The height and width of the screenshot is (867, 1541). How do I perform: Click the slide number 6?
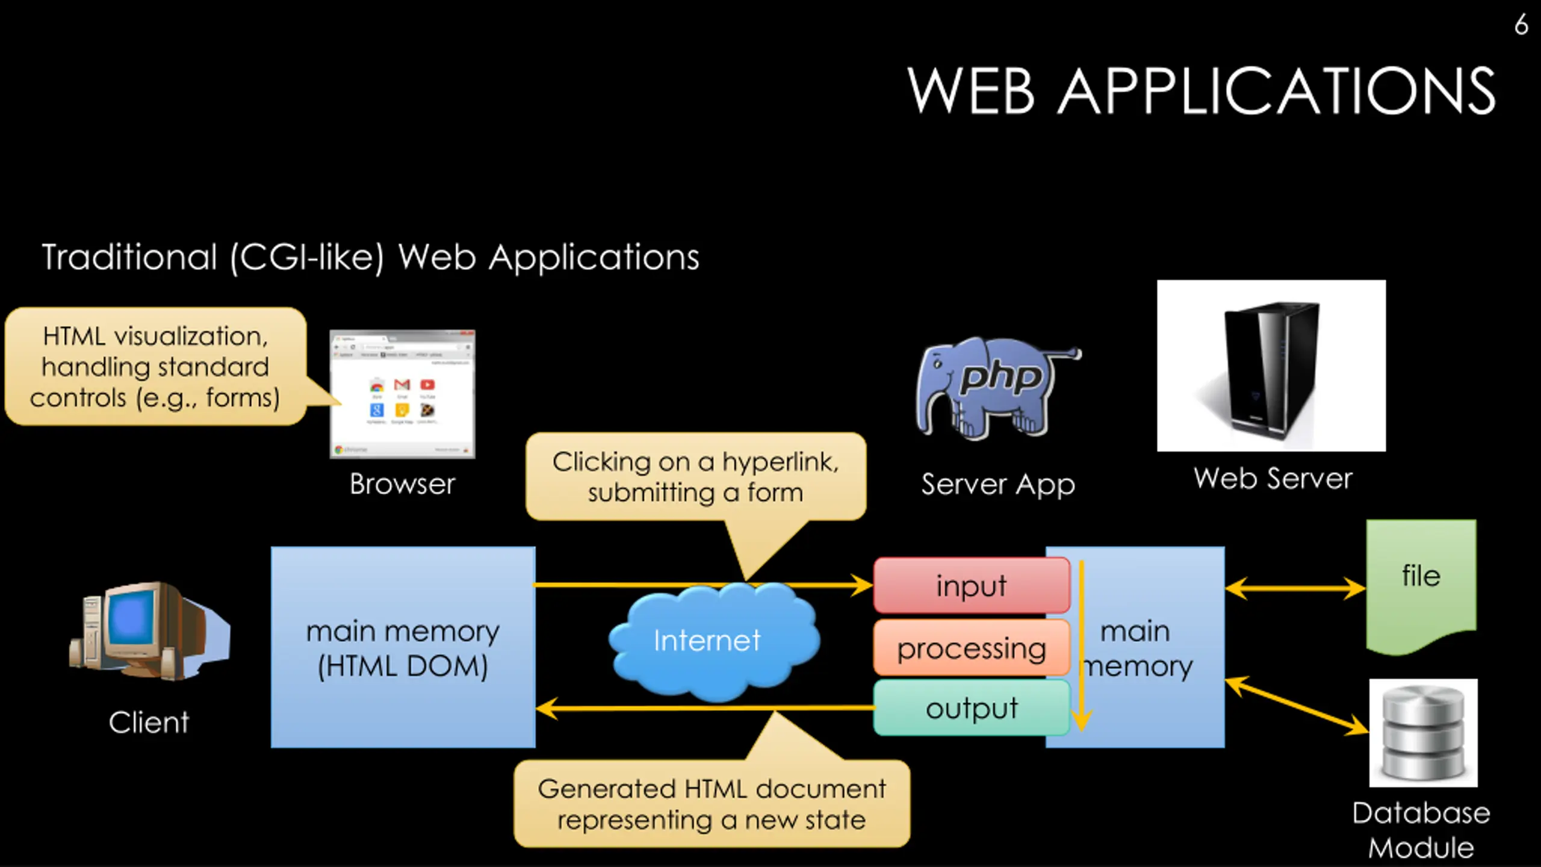1521,25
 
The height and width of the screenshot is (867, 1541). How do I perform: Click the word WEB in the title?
970,91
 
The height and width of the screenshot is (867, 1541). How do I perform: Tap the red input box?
971,586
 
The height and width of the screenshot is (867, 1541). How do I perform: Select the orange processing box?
971,648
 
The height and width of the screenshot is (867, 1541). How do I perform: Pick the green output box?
971,709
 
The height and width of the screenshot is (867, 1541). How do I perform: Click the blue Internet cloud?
708,641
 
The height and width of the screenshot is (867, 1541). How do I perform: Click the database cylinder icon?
1423,733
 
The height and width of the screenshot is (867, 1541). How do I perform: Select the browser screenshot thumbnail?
402,394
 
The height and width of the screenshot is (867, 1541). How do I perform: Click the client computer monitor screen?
131,620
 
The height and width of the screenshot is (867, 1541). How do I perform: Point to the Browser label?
402,484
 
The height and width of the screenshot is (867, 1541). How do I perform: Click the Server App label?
997,485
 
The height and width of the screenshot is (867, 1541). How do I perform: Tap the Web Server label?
1273,479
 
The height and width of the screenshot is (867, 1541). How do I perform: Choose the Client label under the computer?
149,722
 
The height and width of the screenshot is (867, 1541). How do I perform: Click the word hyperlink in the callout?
780,462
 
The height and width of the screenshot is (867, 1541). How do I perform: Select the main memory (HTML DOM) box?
403,647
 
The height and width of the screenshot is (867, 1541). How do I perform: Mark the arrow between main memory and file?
1295,588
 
